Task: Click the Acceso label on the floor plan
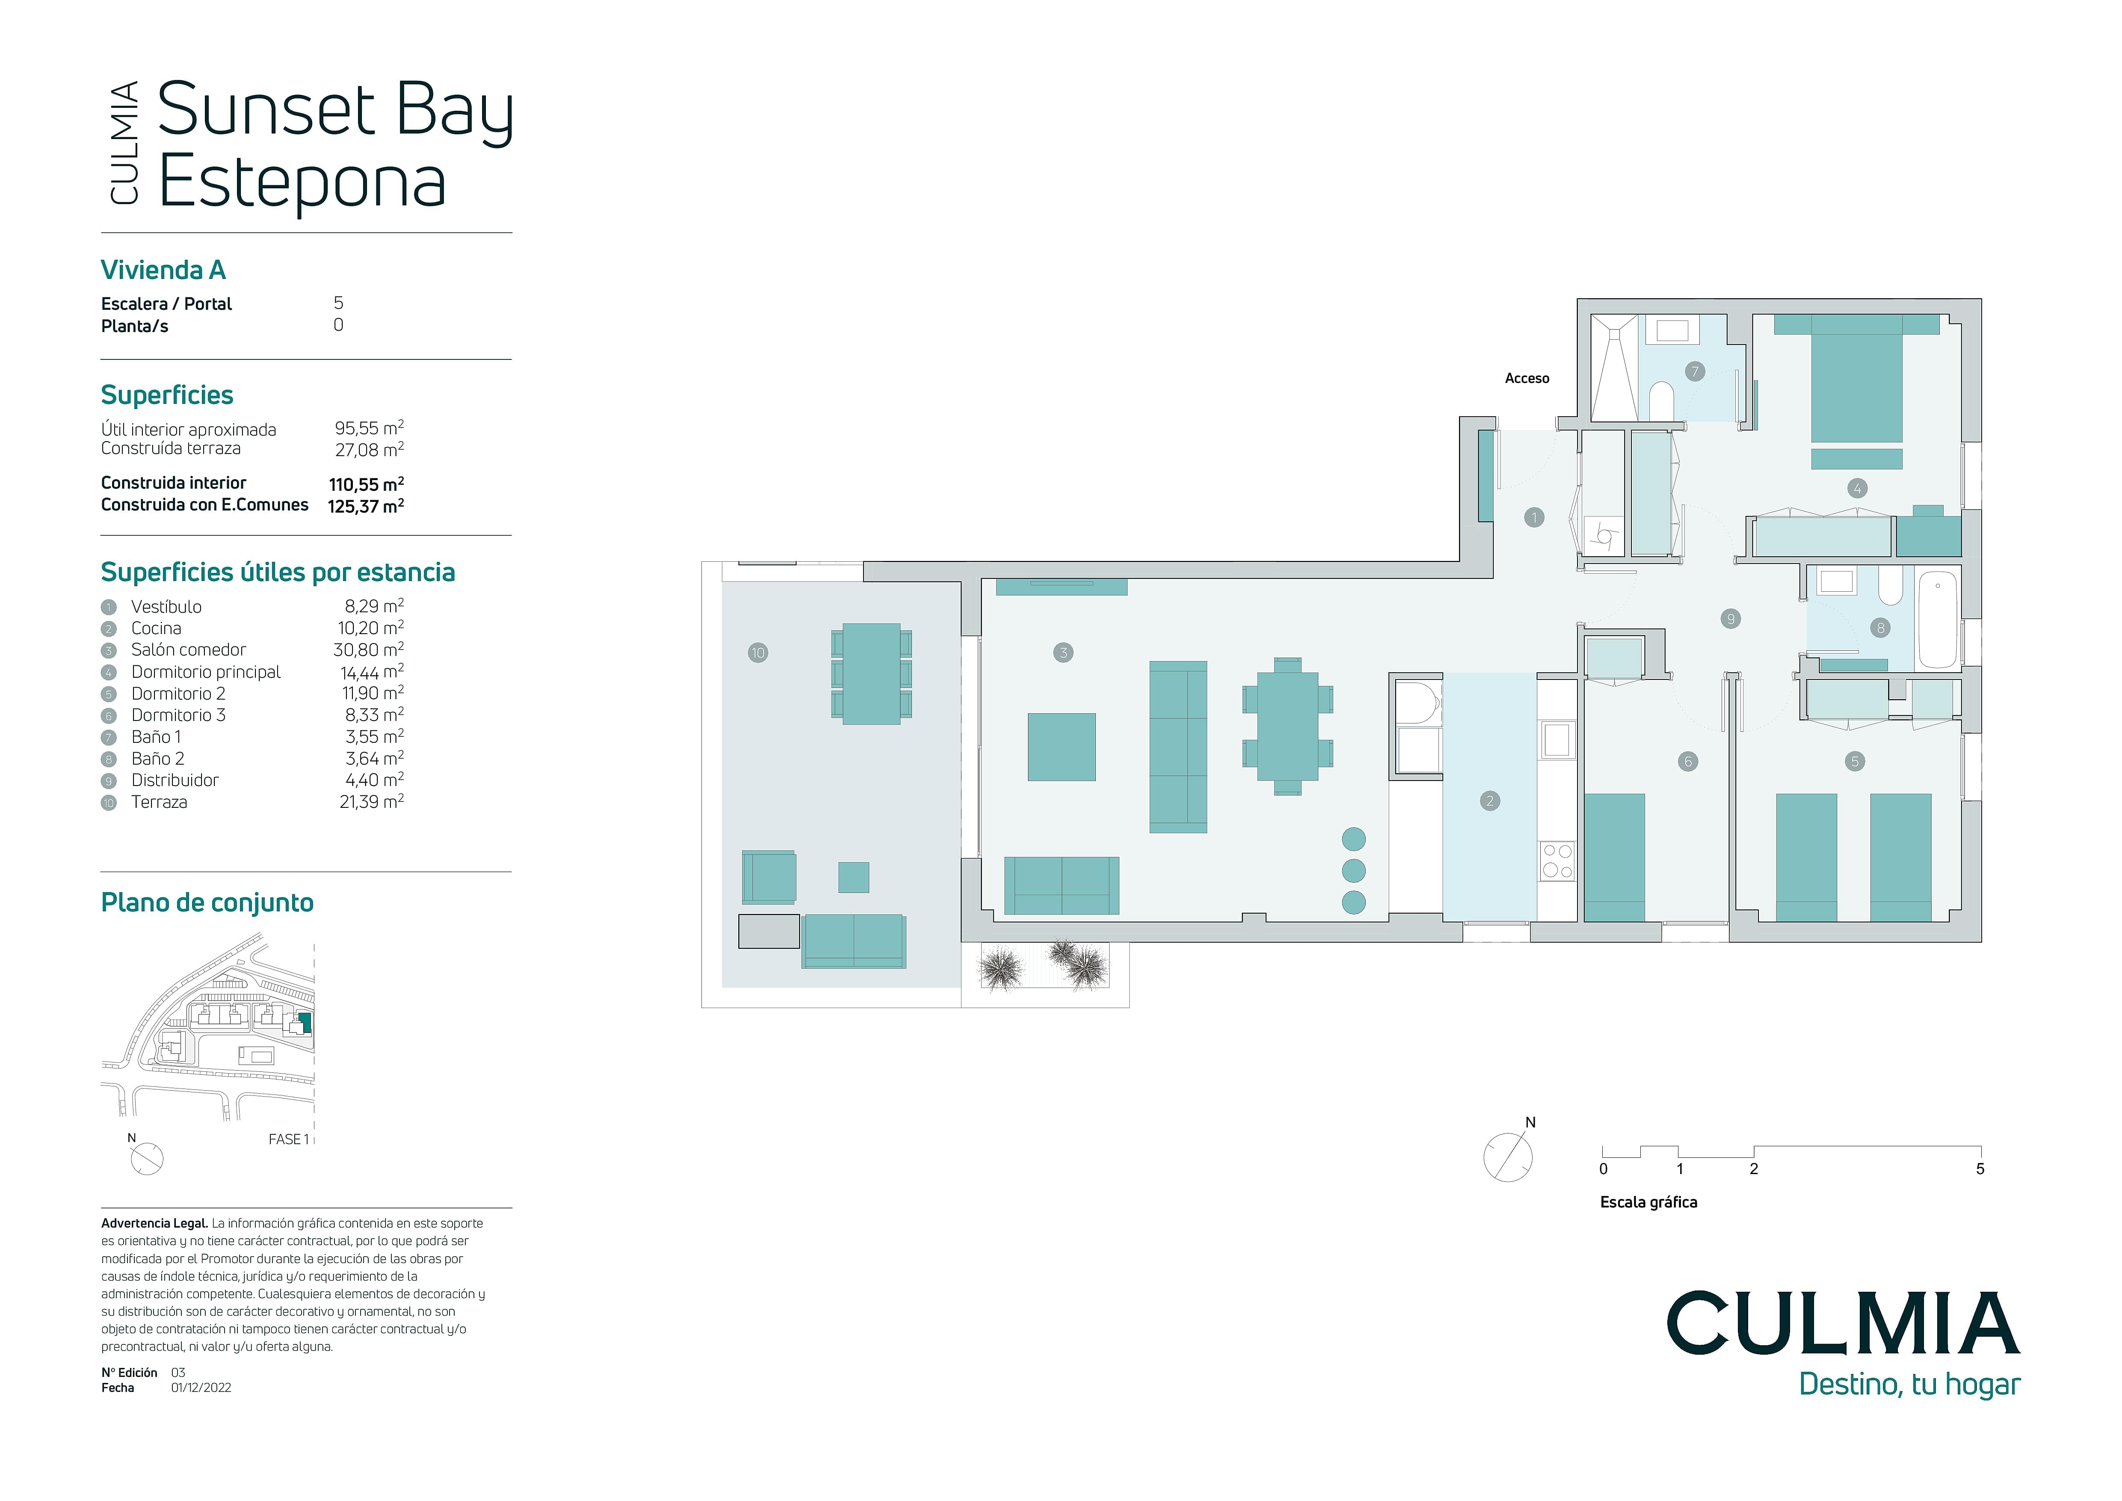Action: tap(1527, 378)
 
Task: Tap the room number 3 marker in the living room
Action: tap(1063, 653)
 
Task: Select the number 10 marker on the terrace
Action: tap(758, 653)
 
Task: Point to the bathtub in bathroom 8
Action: tap(1938, 619)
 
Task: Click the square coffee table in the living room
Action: tap(1062, 747)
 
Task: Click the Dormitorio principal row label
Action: tap(205, 672)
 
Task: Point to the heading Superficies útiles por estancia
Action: tap(277, 573)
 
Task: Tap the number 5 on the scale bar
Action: tap(1980, 1169)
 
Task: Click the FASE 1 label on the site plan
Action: tap(288, 1139)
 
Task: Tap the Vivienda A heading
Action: tap(163, 270)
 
